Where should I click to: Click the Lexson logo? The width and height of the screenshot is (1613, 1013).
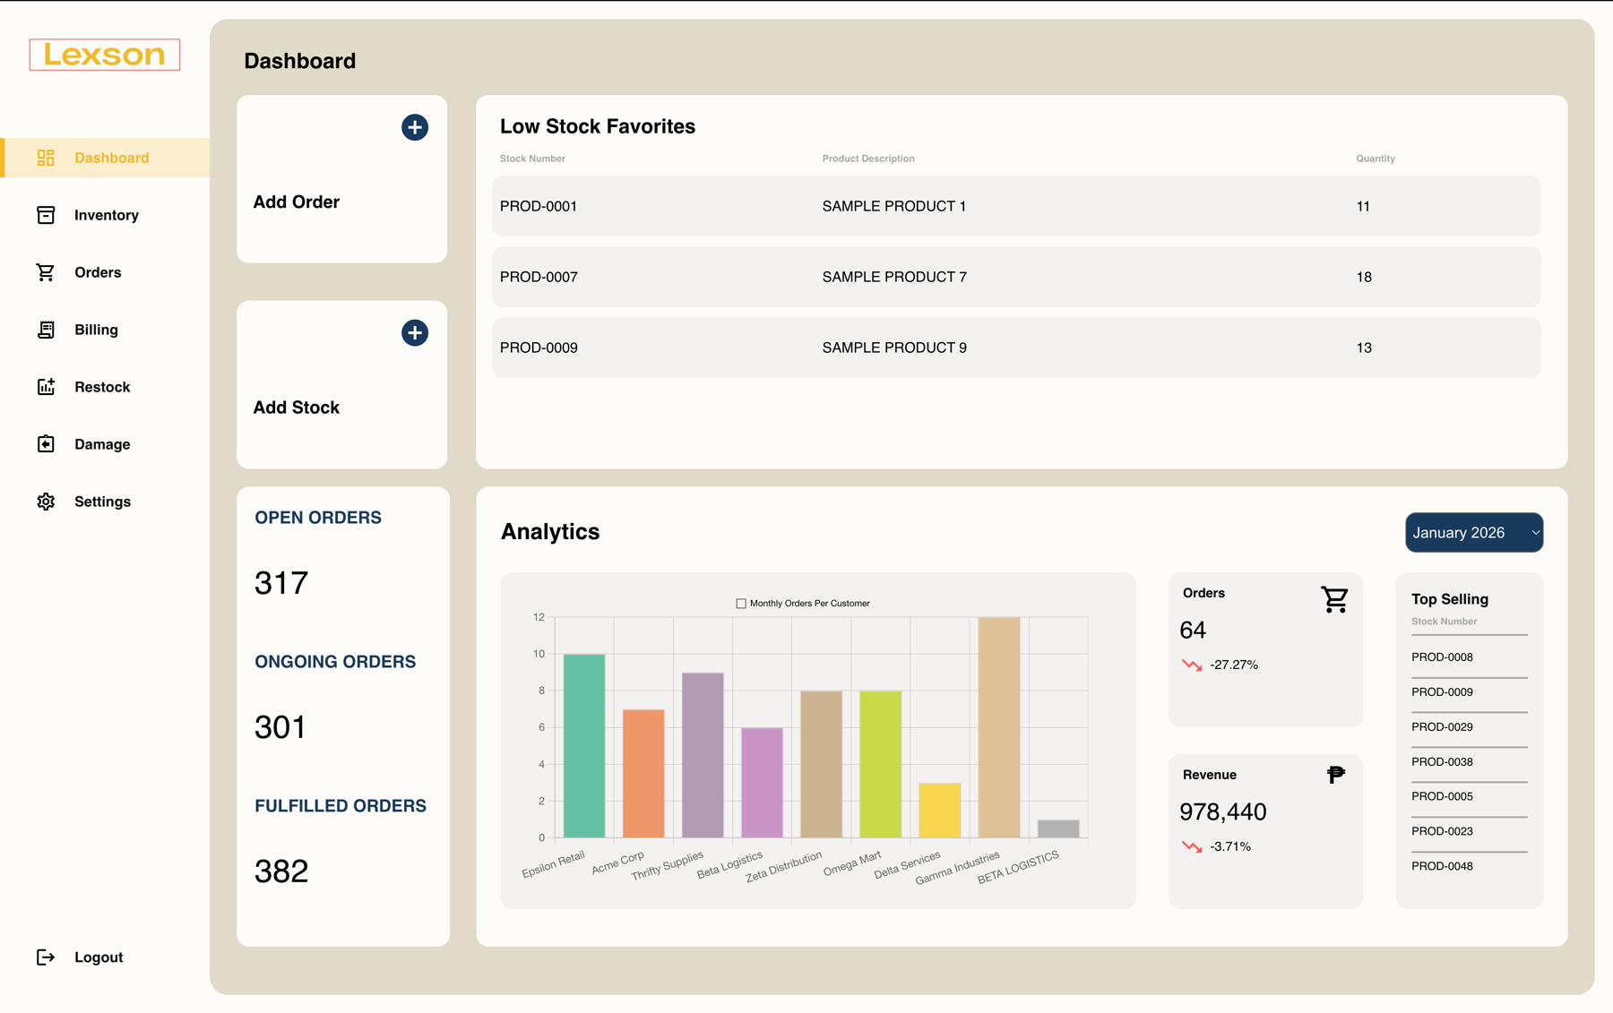pyautogui.click(x=104, y=55)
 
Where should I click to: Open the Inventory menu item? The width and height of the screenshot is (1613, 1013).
pyautogui.click(x=106, y=215)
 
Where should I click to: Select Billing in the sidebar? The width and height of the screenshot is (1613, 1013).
pyautogui.click(x=96, y=330)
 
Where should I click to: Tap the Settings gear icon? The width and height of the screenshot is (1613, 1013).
pyautogui.click(x=46, y=502)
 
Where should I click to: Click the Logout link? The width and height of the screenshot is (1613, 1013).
pyautogui.click(x=98, y=957)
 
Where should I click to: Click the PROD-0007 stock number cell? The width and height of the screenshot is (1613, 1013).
pyautogui.click(x=539, y=277)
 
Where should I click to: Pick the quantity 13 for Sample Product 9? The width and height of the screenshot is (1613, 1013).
pyautogui.click(x=1364, y=348)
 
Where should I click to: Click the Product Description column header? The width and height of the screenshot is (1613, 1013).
pyautogui.click(x=867, y=159)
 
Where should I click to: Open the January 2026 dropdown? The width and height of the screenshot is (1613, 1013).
pyautogui.click(x=1473, y=532)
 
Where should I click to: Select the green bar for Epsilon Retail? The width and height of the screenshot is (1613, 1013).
pyautogui.click(x=583, y=745)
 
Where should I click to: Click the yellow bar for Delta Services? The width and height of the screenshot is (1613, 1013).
pyautogui.click(x=939, y=811)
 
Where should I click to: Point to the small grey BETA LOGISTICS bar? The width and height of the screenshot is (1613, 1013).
pyautogui.click(x=1057, y=828)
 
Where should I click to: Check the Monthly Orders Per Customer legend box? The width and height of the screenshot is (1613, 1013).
pyautogui.click(x=741, y=604)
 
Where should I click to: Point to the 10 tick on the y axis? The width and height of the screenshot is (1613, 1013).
pyautogui.click(x=539, y=654)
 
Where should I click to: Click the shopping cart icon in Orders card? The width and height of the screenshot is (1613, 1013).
pyautogui.click(x=1334, y=599)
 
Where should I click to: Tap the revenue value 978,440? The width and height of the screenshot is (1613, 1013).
pyautogui.click(x=1222, y=811)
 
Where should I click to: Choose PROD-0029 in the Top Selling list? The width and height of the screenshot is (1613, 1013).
pyautogui.click(x=1442, y=727)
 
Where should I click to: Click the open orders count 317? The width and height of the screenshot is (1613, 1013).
pyautogui.click(x=281, y=583)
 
